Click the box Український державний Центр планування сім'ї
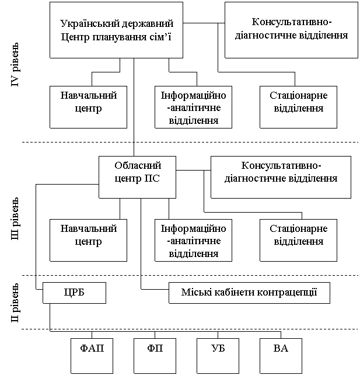(116, 30)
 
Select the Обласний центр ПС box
(137, 177)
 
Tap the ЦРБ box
(74, 293)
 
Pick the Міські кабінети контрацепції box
(249, 293)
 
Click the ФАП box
(92, 356)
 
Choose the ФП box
(155, 356)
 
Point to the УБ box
(218, 356)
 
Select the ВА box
(281, 356)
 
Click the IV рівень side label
(15, 65)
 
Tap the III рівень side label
(15, 218)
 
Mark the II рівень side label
(15, 303)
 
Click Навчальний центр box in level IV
(88, 107)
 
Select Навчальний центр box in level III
(88, 240)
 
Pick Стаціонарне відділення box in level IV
(298, 107)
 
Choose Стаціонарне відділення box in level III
(298, 240)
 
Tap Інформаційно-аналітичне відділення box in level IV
(194, 107)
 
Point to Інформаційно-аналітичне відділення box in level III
(194, 240)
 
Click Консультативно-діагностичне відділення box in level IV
(291, 30)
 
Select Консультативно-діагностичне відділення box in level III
(281, 177)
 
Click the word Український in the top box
(89, 24)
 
